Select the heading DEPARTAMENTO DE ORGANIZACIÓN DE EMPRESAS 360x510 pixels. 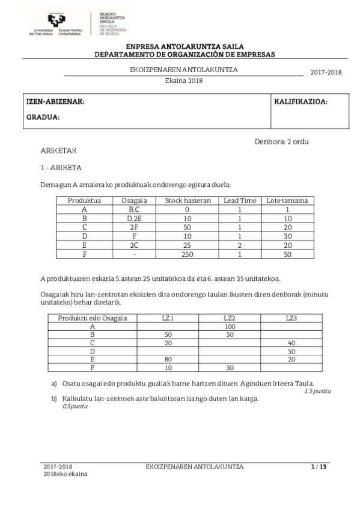point(185,54)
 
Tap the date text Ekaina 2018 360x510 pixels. point(184,79)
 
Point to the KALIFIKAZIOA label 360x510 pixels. point(301,102)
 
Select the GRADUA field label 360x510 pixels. point(43,117)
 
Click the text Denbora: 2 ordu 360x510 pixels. point(282,141)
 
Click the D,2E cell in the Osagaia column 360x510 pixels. point(134,218)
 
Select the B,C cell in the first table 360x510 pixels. point(134,209)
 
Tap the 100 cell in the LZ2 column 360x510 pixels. point(229,325)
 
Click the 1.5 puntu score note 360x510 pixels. point(317,392)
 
